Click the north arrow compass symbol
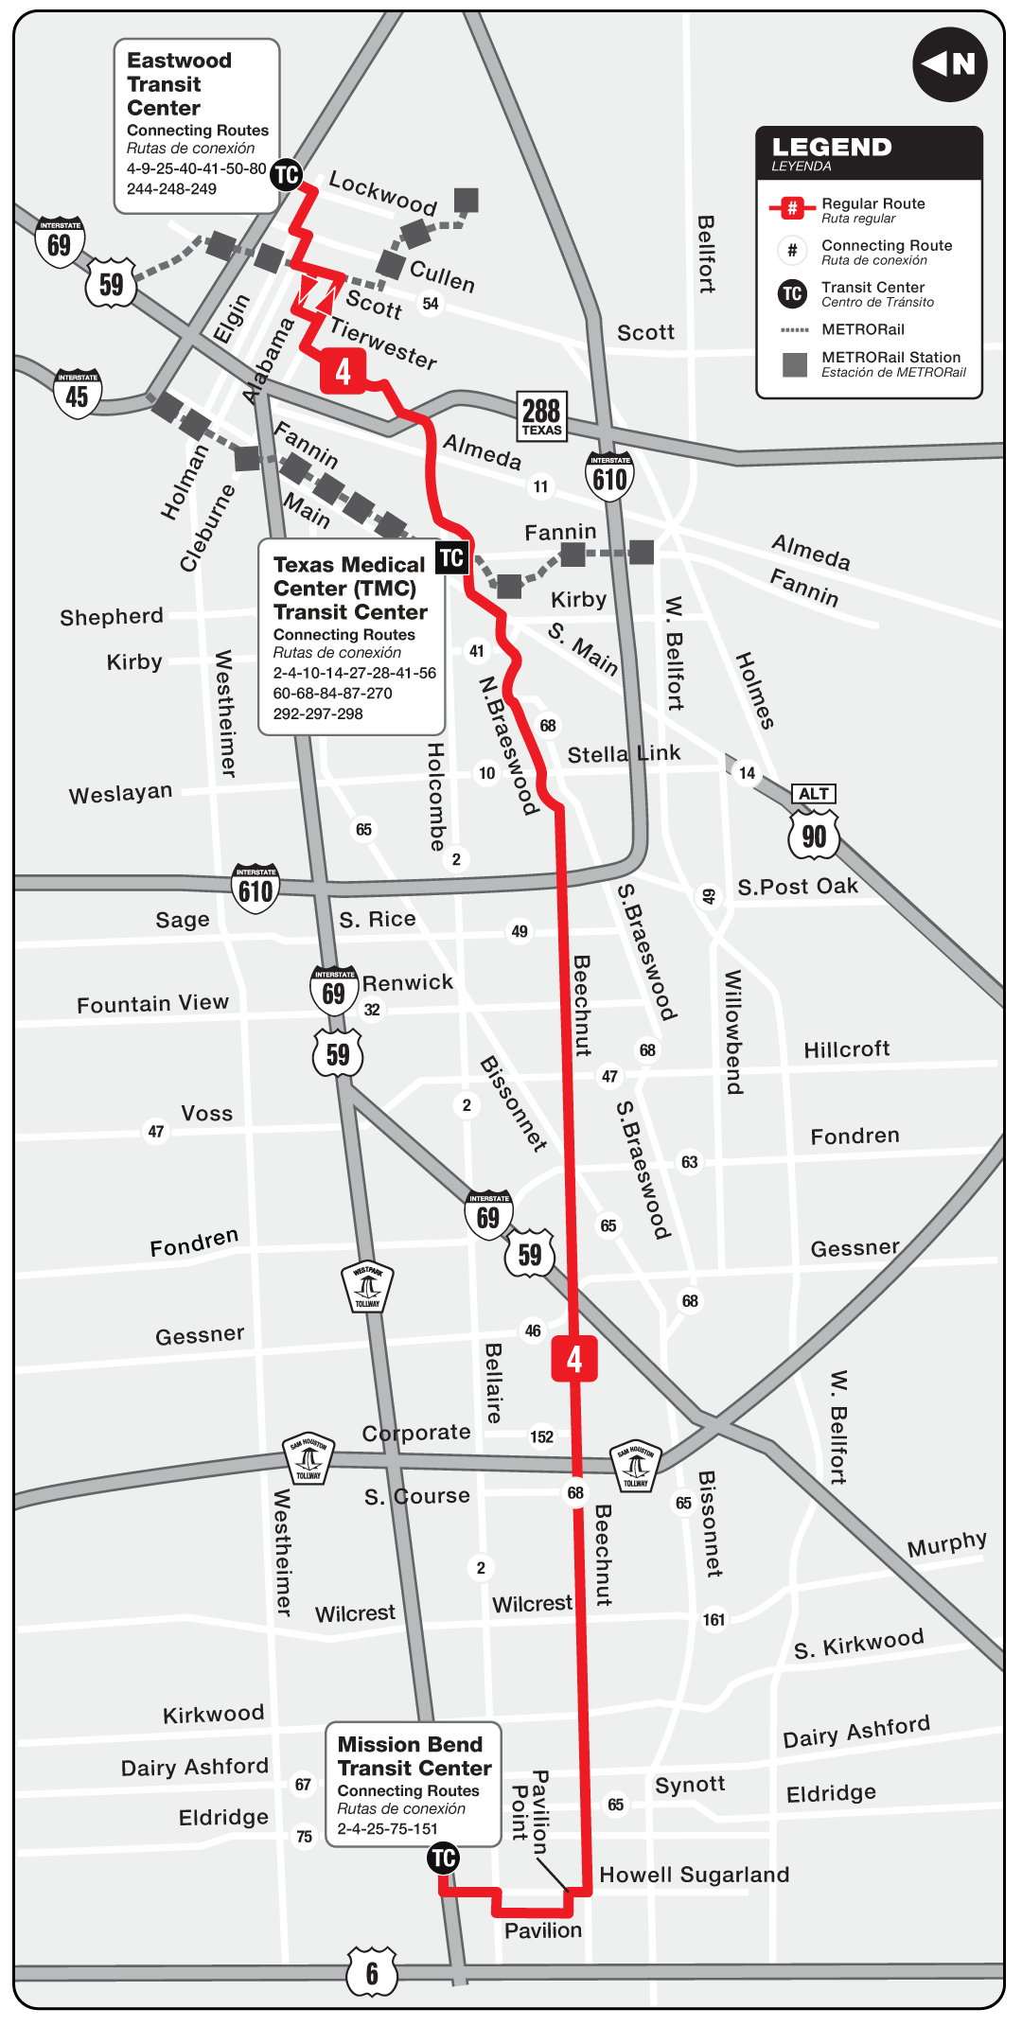tap(949, 64)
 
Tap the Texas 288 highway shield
tap(541, 415)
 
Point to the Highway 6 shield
tap(371, 1972)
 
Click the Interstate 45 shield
tap(78, 393)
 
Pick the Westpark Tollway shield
tap(367, 1286)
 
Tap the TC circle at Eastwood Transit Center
tap(286, 174)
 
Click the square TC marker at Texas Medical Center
tap(451, 557)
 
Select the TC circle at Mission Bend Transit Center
tap(443, 1858)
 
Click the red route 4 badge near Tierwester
tap(343, 371)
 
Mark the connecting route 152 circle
tap(541, 1436)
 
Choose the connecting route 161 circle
tap(714, 1619)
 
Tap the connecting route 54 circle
tap(431, 304)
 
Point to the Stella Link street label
tap(624, 753)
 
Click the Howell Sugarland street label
tap(694, 1875)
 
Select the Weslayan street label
tap(120, 793)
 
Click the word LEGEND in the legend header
tap(832, 147)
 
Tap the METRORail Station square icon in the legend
tap(795, 364)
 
